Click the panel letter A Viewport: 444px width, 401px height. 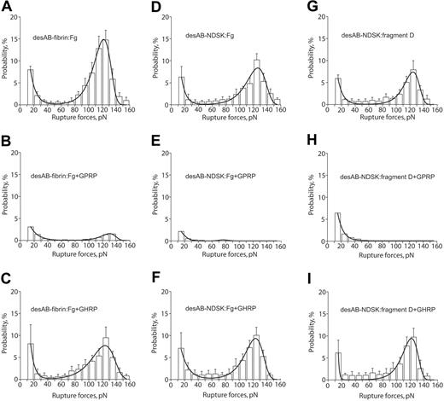tap(7, 8)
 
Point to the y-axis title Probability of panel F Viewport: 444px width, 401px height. tap(162, 334)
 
